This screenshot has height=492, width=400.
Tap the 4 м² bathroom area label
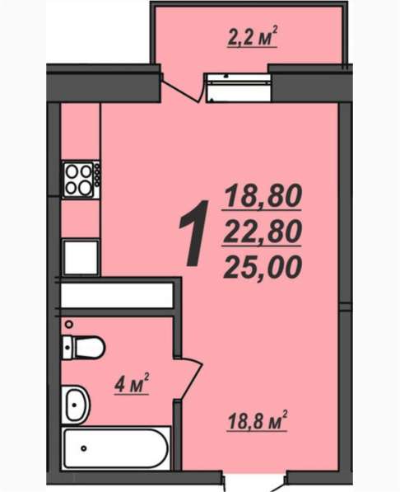coord(131,383)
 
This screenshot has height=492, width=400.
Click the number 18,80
coord(263,196)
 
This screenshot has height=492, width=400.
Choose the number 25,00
coord(263,265)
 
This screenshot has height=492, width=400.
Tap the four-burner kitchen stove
coord(78,179)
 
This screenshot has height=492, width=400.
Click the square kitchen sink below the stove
coord(81,257)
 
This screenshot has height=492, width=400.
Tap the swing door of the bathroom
coord(188,378)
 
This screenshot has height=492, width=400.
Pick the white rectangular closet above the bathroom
coord(116,295)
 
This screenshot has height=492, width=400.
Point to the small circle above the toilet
coord(69,324)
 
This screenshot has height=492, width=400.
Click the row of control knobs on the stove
coord(97,174)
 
